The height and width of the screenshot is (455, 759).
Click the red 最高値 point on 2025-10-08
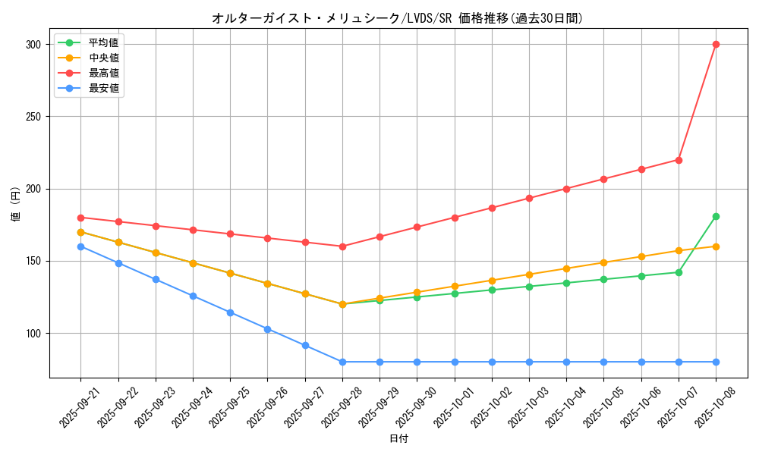click(716, 44)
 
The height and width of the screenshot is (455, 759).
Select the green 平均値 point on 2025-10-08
click(716, 216)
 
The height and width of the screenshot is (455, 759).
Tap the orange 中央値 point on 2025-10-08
click(716, 246)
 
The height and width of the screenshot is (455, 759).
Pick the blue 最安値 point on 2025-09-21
click(80, 246)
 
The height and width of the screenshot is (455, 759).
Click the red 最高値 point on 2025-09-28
click(342, 246)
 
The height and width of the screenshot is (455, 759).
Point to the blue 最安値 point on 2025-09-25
click(230, 312)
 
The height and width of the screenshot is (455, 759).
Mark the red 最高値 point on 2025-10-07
click(679, 160)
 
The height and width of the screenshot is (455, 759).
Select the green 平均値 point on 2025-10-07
click(679, 272)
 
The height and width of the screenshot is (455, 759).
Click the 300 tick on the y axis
click(33, 45)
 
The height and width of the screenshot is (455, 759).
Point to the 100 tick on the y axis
click(33, 334)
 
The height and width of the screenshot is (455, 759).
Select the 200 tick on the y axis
click(33, 189)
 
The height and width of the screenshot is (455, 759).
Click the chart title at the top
click(398, 18)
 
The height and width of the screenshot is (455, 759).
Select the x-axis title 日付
click(398, 439)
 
